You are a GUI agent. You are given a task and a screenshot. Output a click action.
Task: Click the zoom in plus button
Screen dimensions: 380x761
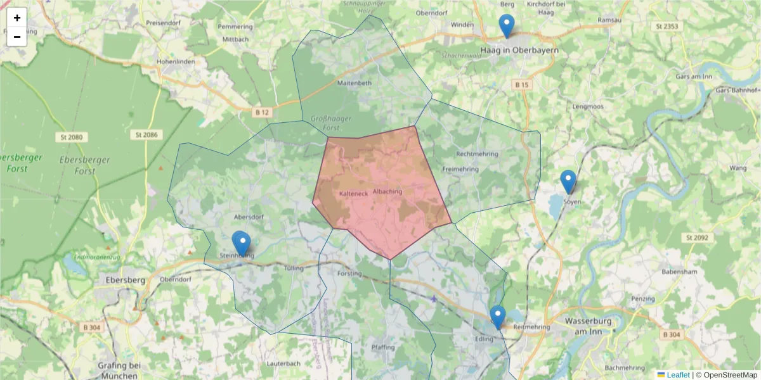click(x=17, y=18)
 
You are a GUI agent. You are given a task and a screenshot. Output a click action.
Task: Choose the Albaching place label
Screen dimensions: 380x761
click(x=388, y=191)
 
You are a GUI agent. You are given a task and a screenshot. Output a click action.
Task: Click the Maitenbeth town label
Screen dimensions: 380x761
click(x=354, y=82)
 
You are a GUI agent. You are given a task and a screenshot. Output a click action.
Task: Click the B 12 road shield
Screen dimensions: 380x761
click(x=262, y=112)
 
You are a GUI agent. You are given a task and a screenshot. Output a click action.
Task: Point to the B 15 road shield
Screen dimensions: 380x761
click(x=522, y=84)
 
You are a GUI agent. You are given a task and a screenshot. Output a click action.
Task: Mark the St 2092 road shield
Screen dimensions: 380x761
click(x=696, y=237)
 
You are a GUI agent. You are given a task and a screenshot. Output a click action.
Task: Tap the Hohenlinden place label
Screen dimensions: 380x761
click(x=176, y=62)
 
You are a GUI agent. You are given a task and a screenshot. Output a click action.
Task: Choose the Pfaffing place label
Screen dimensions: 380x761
click(x=383, y=347)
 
